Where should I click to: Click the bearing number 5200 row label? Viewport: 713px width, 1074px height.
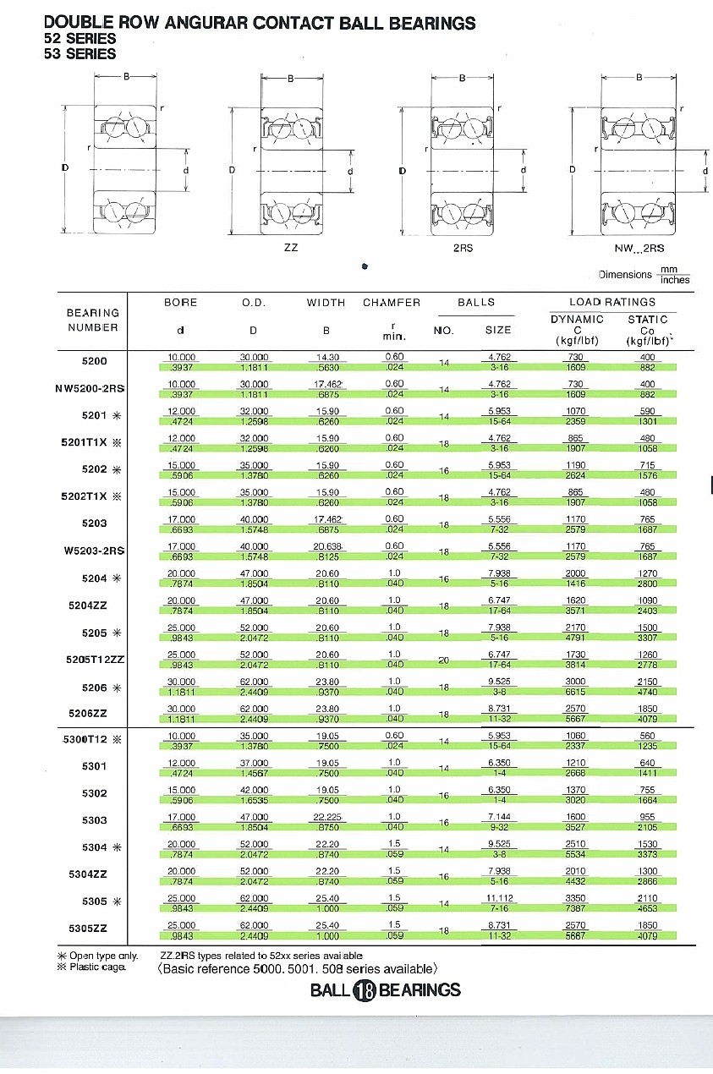point(94,361)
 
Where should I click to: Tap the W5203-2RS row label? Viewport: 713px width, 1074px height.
point(94,551)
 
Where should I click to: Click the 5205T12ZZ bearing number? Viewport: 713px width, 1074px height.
point(96,660)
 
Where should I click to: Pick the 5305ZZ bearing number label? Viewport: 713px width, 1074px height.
point(88,928)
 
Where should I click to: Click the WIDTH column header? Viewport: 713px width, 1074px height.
point(326,303)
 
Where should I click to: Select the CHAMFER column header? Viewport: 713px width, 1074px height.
point(391,303)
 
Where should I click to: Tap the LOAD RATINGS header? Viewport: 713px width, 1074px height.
point(612,302)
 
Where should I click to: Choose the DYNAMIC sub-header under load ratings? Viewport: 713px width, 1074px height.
point(577,320)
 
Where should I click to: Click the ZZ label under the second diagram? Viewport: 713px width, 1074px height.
point(291,249)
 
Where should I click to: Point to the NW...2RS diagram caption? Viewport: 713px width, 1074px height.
point(639,249)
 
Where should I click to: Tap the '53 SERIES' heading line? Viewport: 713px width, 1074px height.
point(80,54)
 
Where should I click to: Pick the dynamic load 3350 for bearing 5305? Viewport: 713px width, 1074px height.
point(576,897)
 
